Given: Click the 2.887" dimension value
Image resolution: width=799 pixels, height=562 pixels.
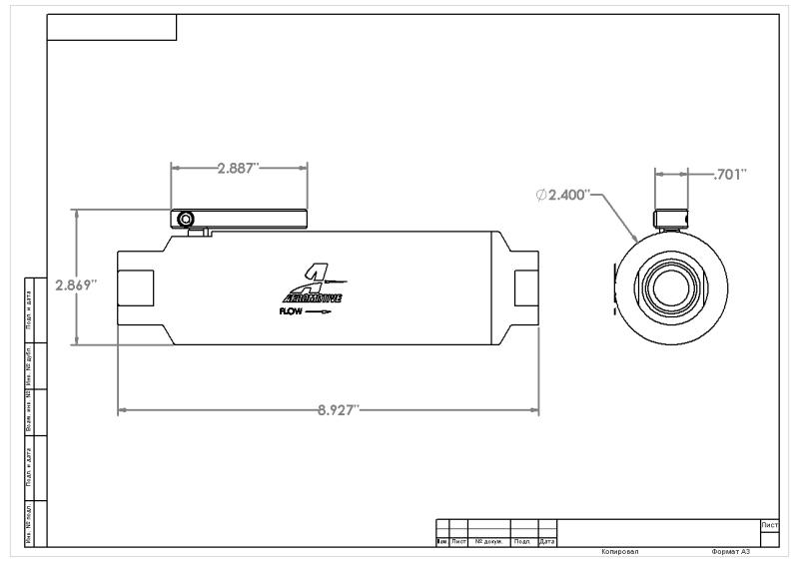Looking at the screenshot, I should click(238, 167).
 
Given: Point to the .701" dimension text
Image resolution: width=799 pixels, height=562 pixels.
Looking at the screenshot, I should click(732, 175).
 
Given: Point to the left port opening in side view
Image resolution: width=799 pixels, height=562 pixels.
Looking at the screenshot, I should click(136, 288).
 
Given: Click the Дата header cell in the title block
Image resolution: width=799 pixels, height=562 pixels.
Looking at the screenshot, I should click(546, 541).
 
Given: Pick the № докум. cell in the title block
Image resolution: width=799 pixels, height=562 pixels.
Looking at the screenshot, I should click(488, 541).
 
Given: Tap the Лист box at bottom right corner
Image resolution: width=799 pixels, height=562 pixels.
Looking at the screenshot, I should click(769, 524).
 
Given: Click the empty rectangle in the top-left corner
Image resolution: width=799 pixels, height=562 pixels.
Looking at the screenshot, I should click(112, 27).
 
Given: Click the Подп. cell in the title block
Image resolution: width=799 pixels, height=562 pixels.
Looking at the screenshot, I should click(523, 541).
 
